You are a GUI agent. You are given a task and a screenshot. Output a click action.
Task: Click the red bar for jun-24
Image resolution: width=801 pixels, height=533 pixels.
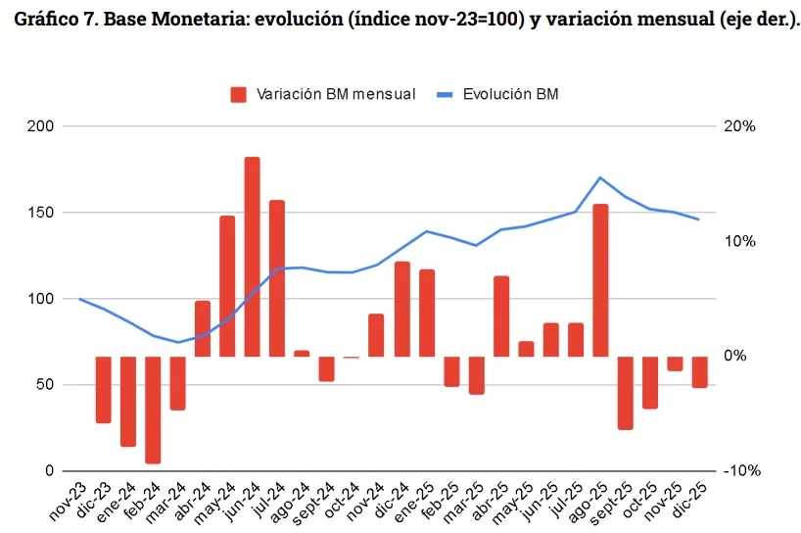(x=252, y=257)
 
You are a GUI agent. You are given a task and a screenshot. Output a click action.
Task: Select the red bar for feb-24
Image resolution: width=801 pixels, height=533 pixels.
(x=153, y=410)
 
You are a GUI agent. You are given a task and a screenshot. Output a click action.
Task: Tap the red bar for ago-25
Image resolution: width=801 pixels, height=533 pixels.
(x=600, y=280)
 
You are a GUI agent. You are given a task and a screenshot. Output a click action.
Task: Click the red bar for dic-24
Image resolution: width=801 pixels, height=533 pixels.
(x=401, y=309)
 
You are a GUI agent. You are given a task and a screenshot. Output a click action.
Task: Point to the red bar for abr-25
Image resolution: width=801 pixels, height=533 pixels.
(x=501, y=316)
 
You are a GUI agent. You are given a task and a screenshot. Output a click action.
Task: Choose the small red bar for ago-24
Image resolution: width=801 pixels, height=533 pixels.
(x=302, y=354)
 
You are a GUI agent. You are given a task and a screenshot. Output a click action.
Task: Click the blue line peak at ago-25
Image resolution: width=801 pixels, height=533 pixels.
(x=600, y=177)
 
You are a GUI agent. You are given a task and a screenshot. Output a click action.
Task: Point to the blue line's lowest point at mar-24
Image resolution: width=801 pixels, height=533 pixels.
(x=177, y=342)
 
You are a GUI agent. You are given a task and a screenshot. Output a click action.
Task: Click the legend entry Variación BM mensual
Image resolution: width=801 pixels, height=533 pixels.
(x=323, y=94)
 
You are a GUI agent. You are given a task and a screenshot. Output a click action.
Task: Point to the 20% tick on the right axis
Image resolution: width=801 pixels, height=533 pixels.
(x=740, y=126)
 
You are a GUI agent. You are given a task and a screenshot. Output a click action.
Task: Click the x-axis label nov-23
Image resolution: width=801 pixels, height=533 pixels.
(x=67, y=501)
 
